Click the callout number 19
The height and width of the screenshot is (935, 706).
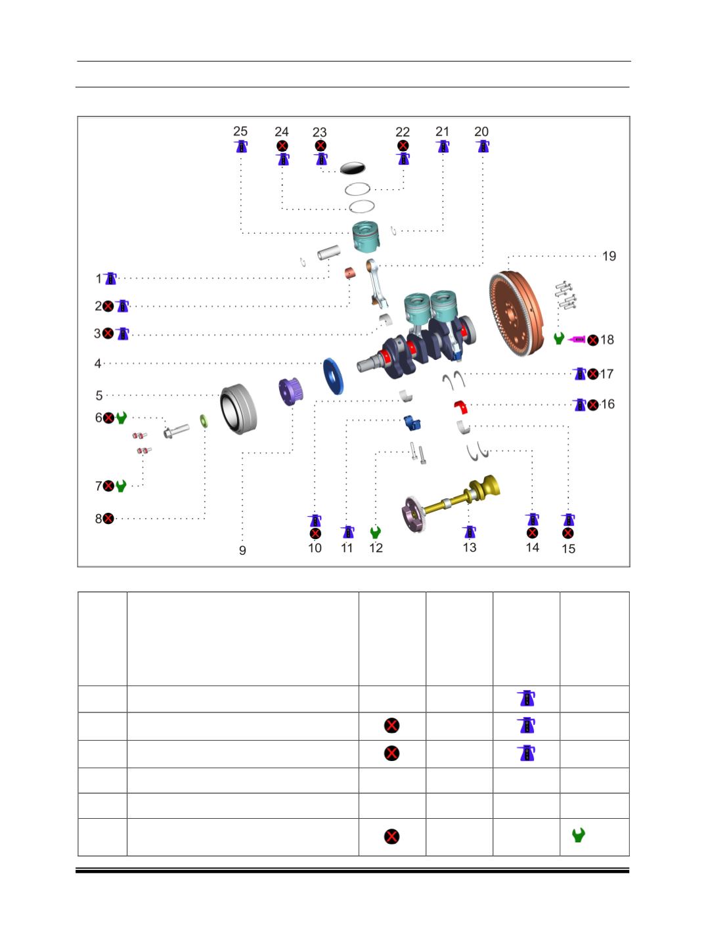609,256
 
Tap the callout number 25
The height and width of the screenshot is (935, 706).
240,131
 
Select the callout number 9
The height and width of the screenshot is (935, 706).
242,550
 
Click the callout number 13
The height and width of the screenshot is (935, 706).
469,547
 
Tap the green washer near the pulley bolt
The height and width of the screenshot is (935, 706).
202,420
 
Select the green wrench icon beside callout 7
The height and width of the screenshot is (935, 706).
121,486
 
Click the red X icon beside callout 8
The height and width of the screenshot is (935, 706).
108,519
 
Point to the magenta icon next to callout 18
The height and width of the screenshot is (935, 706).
577,339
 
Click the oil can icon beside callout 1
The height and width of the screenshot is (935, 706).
111,278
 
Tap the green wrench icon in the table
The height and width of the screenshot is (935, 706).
579,835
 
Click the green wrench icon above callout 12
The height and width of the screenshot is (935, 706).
376,531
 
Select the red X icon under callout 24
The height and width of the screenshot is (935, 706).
282,145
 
